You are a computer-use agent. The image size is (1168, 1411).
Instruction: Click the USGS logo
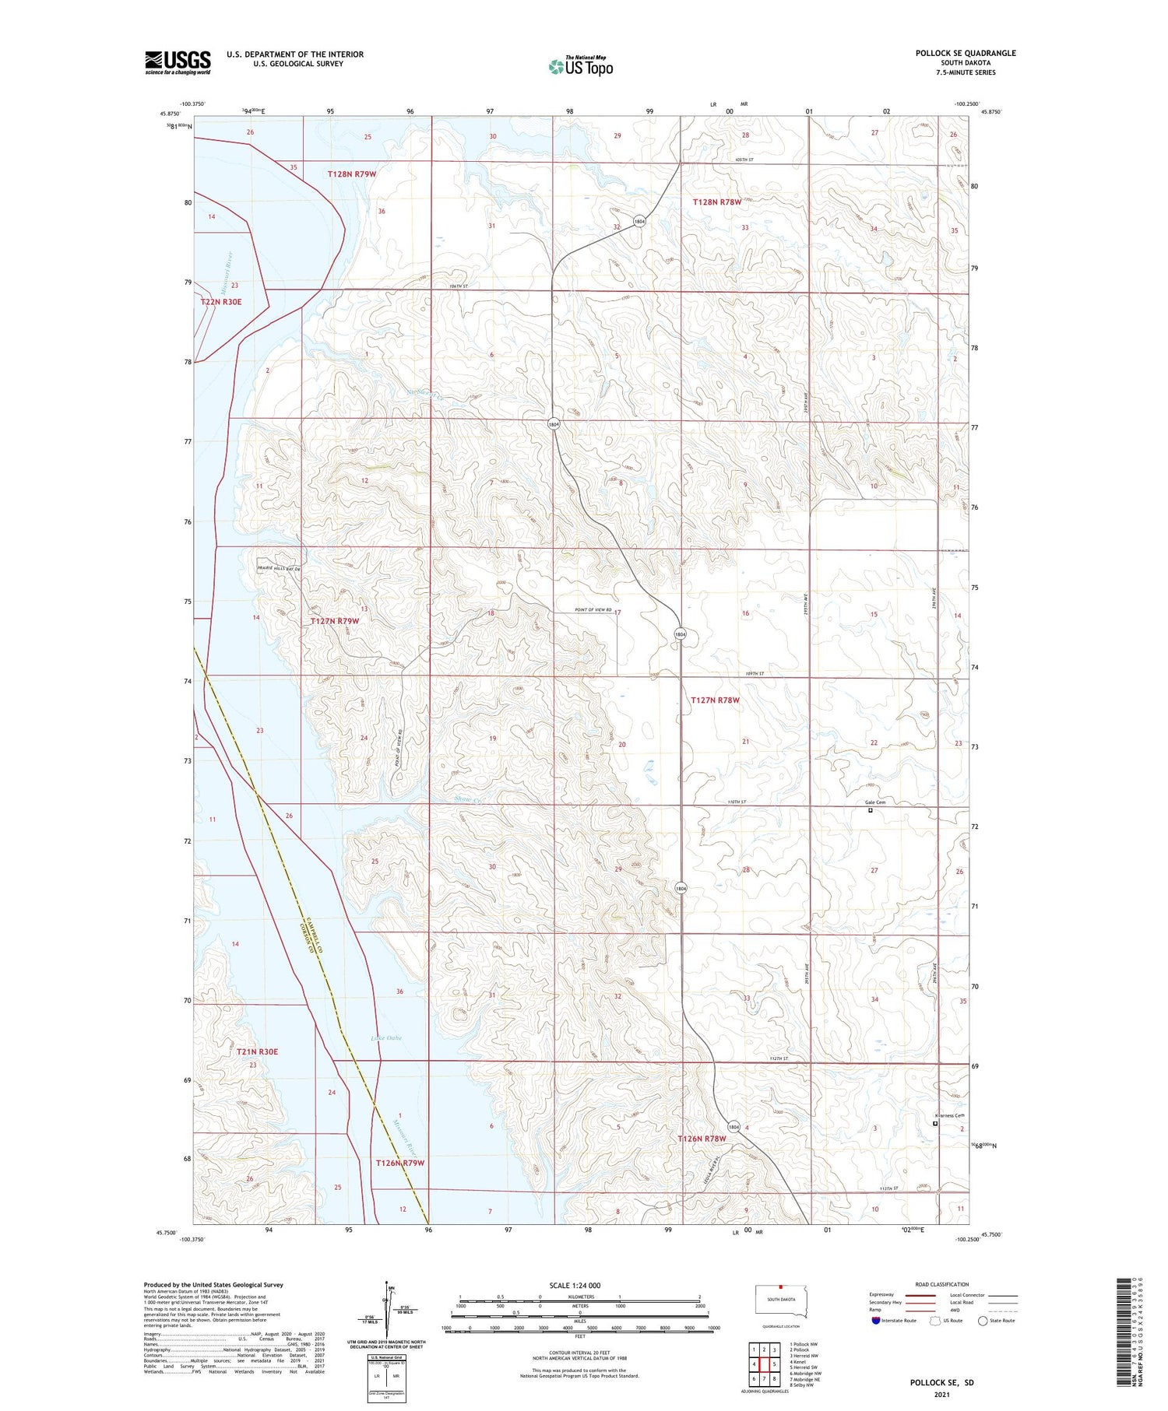tap(178, 62)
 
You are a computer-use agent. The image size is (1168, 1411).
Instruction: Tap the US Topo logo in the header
tap(581, 66)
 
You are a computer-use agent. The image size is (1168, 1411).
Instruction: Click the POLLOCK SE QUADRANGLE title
tap(965, 53)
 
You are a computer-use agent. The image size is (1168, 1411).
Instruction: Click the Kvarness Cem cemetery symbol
tap(935, 1123)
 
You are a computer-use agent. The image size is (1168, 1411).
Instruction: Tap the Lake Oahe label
tap(386, 1037)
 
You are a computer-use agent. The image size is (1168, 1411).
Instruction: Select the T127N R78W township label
tap(715, 700)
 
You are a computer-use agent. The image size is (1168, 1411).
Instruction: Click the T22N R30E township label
tap(227, 301)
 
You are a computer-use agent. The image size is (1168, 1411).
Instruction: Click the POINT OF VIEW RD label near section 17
tap(592, 609)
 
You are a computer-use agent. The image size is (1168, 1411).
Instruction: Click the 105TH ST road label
tap(744, 160)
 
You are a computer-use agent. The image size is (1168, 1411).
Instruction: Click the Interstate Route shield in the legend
tap(876, 1321)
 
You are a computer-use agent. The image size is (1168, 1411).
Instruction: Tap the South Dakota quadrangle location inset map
tap(782, 1300)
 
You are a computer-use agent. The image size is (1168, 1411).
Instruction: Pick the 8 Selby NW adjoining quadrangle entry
tap(801, 1385)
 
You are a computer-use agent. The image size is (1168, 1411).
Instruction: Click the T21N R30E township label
tap(258, 1051)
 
